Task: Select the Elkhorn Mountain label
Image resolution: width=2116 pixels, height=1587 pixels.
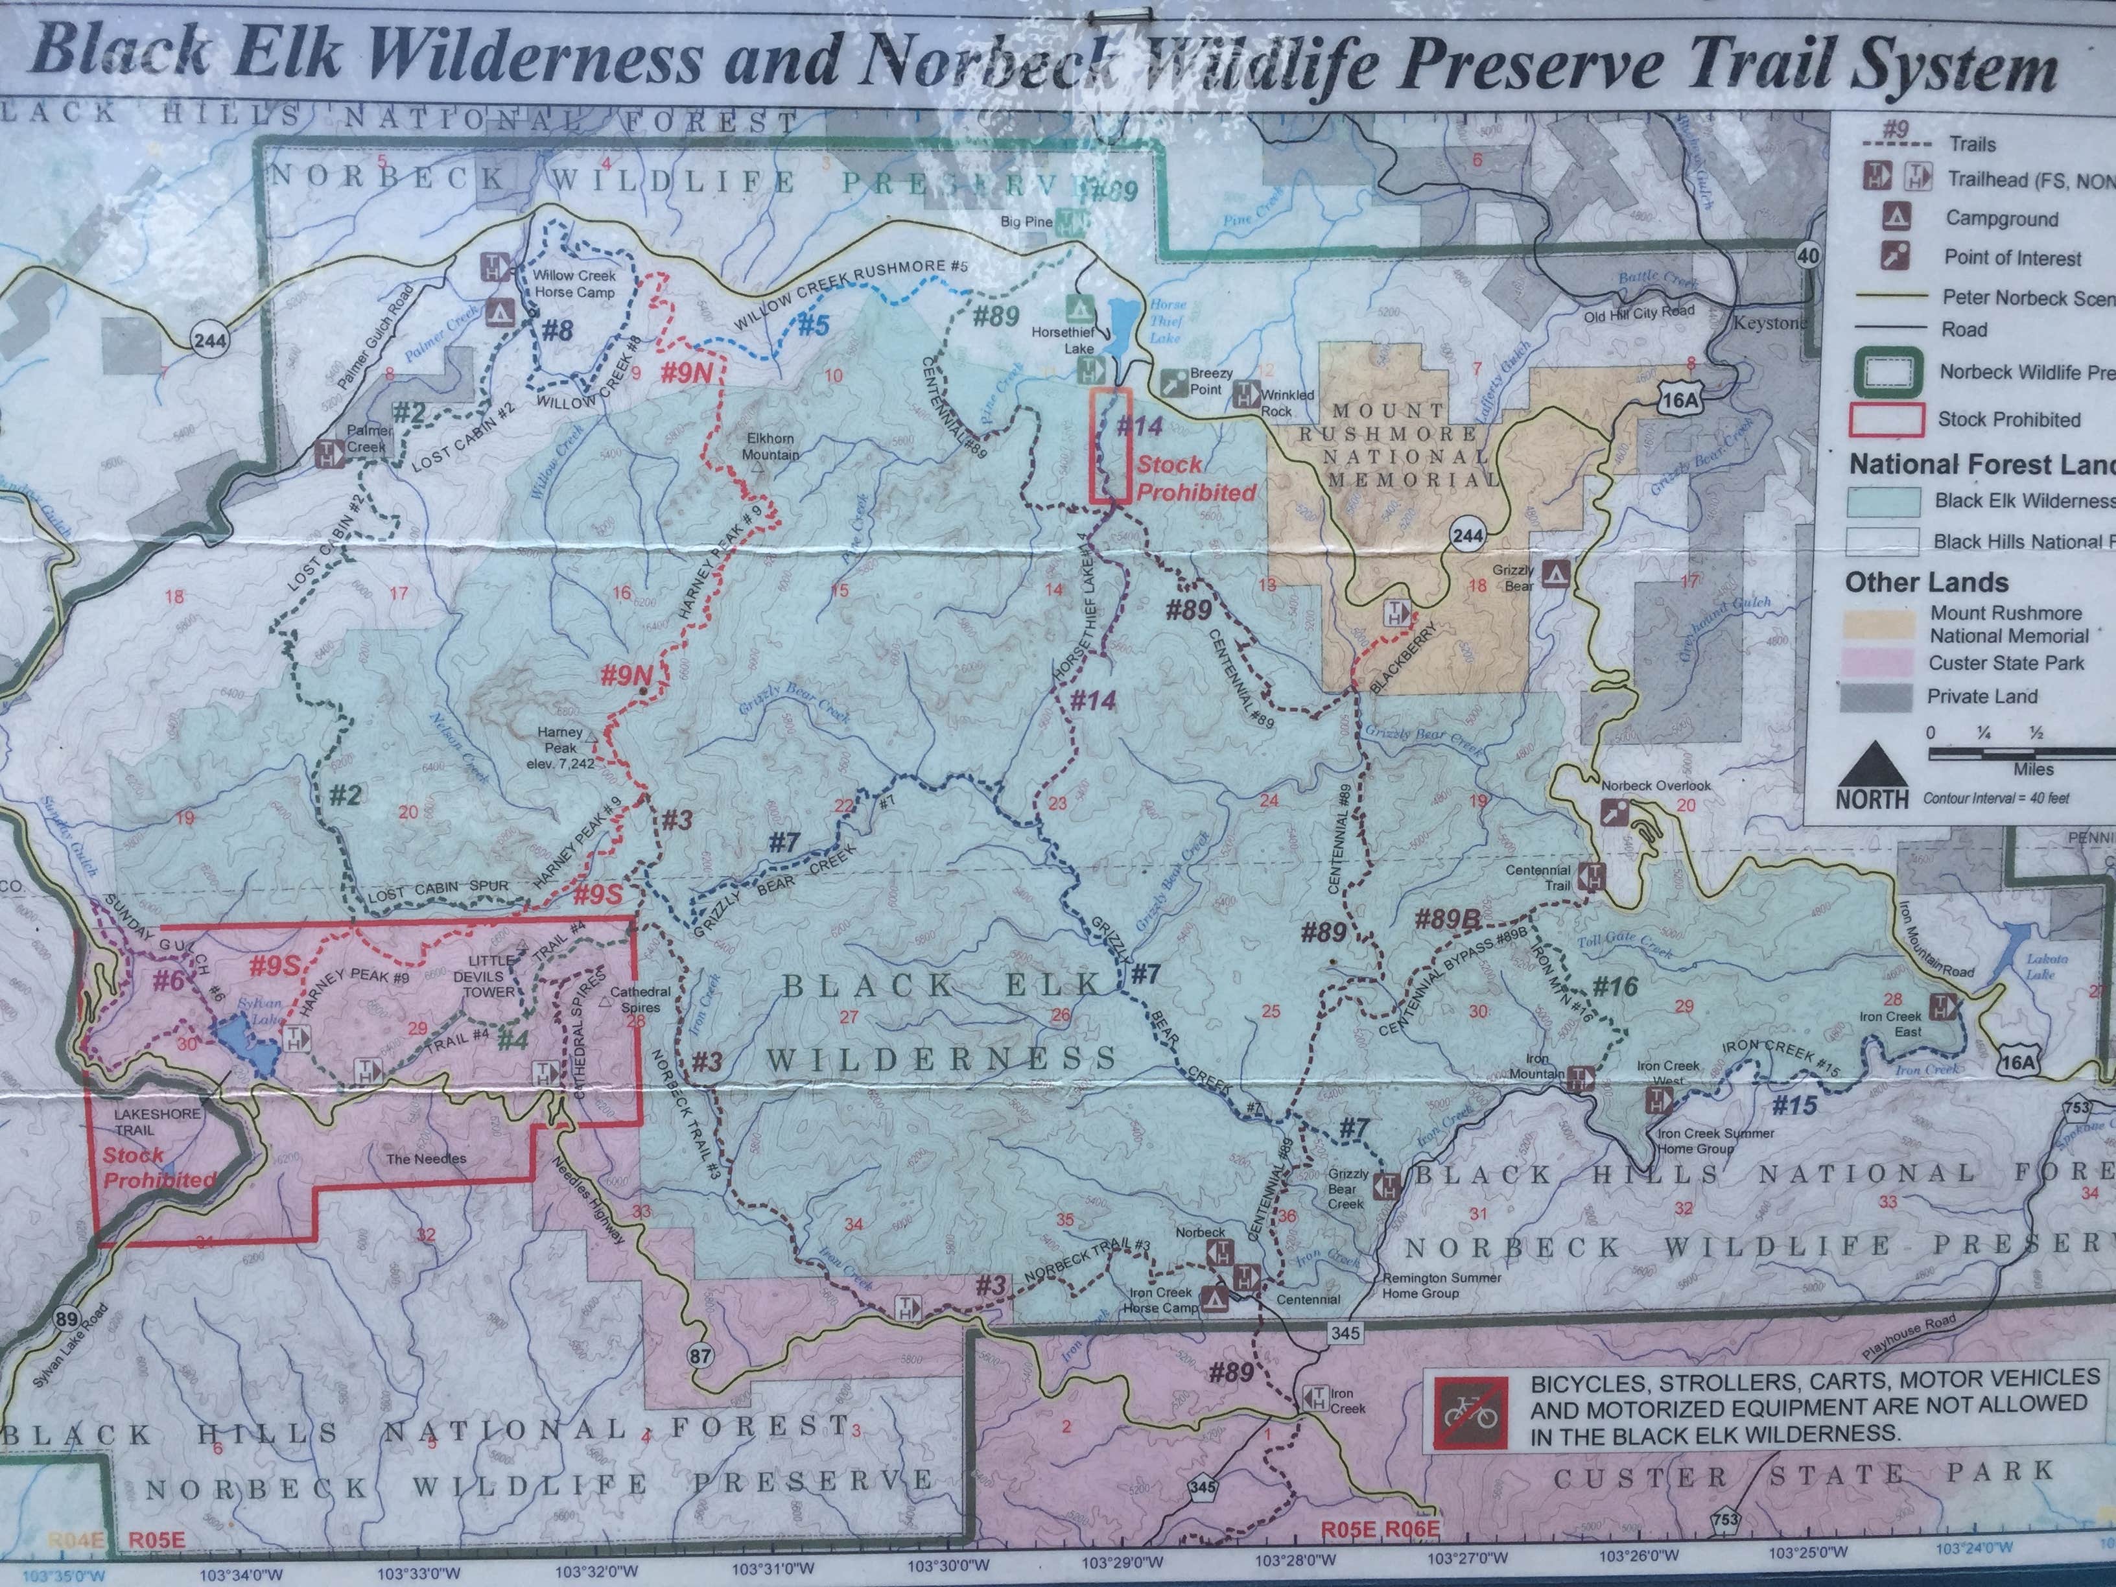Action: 770,448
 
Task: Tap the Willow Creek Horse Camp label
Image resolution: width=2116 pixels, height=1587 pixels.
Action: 575,284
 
